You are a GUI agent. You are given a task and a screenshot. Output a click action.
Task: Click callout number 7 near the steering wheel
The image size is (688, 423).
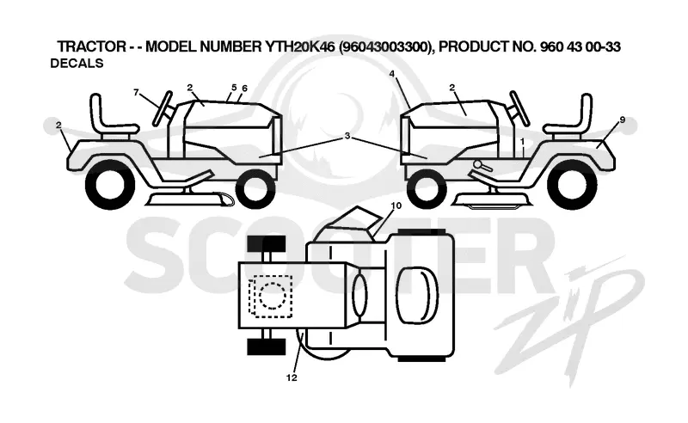click(x=137, y=92)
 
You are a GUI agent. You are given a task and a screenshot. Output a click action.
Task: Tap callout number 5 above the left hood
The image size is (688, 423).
click(x=234, y=88)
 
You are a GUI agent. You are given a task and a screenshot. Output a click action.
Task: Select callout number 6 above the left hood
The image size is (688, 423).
click(x=244, y=89)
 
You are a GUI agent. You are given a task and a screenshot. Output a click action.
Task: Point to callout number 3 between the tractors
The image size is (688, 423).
click(x=347, y=136)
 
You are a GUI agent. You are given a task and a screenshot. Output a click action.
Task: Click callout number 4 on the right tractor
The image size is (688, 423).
click(x=392, y=74)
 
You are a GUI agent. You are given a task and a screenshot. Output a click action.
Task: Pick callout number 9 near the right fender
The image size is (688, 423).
click(x=622, y=120)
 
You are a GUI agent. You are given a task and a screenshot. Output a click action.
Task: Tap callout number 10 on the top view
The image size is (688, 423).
click(x=396, y=205)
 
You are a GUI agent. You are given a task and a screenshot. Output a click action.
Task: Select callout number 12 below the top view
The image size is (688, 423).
click(x=292, y=377)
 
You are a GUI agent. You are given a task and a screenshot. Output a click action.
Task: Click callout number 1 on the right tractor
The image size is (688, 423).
click(x=522, y=142)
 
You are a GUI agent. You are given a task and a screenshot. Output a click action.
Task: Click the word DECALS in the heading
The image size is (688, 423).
click(x=77, y=63)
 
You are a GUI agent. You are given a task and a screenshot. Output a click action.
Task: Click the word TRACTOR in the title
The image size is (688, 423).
click(x=92, y=46)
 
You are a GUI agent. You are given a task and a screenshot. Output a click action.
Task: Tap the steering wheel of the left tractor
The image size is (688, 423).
click(x=163, y=108)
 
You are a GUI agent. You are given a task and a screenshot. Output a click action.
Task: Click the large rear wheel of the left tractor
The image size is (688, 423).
click(x=110, y=185)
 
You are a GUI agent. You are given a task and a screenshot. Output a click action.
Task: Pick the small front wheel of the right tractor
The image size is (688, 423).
click(x=427, y=189)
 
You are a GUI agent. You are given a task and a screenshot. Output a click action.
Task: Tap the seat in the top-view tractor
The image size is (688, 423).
click(x=417, y=294)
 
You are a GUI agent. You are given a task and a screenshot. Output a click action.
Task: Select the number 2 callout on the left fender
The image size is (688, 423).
click(x=58, y=126)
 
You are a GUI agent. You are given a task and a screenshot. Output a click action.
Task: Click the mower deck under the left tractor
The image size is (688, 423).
click(x=188, y=199)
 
